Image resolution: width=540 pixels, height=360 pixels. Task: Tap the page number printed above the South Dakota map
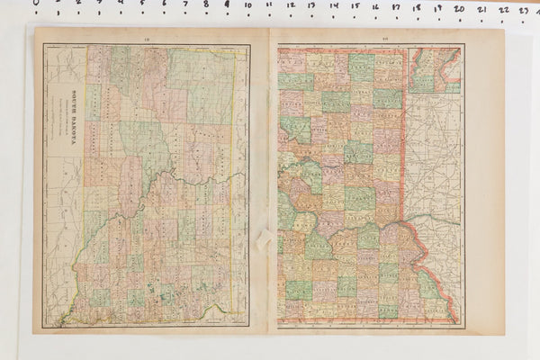point(147,39)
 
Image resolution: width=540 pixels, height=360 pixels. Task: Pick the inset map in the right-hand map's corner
point(434,70)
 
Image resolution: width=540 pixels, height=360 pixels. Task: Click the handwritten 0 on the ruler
point(37,3)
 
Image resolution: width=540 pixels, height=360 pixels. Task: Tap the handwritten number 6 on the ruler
point(164,4)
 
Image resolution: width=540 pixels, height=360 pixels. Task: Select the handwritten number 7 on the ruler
point(184,4)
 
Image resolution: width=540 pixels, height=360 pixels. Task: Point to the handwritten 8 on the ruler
point(206,5)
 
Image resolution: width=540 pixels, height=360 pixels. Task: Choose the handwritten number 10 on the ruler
point(247,6)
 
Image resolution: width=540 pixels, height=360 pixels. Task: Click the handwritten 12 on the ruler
point(291,6)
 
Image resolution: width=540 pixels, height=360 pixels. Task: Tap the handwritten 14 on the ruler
point(333,7)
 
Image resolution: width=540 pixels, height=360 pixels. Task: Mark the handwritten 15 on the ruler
point(354,7)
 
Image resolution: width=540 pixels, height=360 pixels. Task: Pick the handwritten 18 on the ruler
point(417,8)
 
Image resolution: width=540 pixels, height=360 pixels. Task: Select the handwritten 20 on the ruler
point(459,9)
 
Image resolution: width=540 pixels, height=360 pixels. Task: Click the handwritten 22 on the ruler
point(503,10)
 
